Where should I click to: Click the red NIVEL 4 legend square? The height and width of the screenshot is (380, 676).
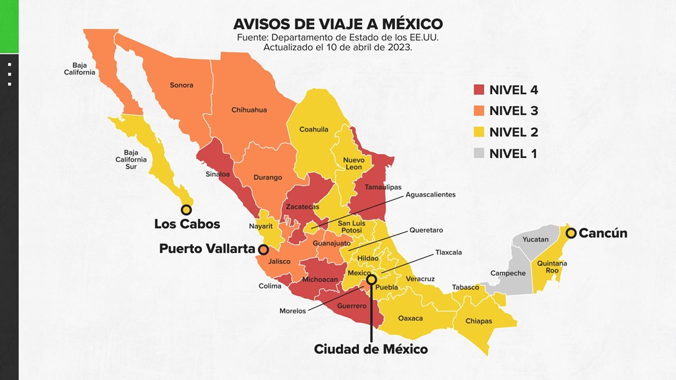(x=479, y=90)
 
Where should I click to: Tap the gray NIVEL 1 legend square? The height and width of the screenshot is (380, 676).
(x=479, y=154)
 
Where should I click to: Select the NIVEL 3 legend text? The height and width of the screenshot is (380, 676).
(x=514, y=111)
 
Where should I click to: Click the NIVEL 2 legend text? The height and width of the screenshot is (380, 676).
(x=514, y=132)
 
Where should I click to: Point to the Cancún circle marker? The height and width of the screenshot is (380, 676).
(x=571, y=233)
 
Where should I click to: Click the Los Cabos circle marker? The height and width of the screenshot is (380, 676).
(x=186, y=209)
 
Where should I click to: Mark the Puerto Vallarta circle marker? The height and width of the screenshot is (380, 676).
(x=263, y=250)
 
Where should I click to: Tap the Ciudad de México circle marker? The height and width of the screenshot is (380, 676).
(x=371, y=279)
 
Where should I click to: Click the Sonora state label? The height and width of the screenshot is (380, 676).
(x=181, y=85)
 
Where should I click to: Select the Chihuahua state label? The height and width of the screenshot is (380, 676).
(x=249, y=110)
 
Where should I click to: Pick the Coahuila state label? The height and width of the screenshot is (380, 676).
(x=314, y=129)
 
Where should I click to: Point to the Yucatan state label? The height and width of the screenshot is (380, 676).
(x=535, y=240)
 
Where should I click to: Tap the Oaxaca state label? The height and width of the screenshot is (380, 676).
(x=410, y=318)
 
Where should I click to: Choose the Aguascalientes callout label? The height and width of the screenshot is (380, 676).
(x=431, y=194)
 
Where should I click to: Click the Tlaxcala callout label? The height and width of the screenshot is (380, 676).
(x=448, y=253)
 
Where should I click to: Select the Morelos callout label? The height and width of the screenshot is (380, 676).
(x=293, y=311)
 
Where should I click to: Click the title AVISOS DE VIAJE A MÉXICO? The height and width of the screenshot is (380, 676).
(x=338, y=24)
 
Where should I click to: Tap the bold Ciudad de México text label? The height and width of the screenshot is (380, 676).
(x=371, y=349)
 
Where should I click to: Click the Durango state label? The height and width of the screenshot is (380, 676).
(x=268, y=177)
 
